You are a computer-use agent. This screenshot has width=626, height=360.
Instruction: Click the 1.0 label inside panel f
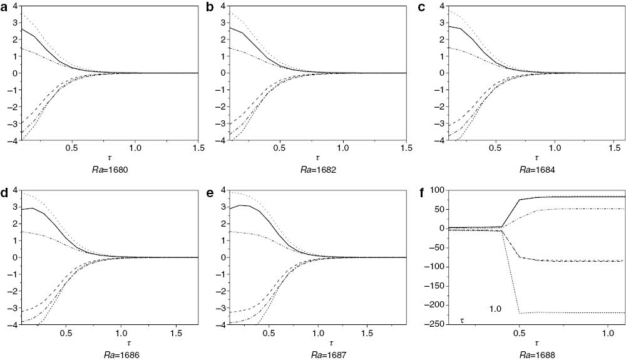[496, 309]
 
